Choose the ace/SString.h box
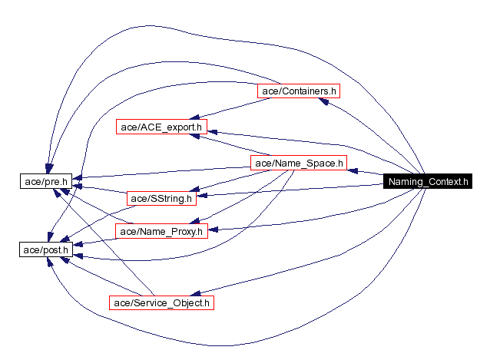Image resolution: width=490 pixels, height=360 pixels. pos(161,199)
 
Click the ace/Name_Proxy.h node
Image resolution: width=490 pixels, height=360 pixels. pos(161,230)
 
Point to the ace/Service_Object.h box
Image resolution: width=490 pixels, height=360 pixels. pos(160,302)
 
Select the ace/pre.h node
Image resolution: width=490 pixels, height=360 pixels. pos(45,181)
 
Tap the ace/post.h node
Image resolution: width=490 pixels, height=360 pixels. pos(45,249)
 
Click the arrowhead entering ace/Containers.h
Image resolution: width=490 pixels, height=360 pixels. pos(324,101)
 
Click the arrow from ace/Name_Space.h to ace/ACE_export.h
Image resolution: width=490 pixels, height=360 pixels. pos(230,146)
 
